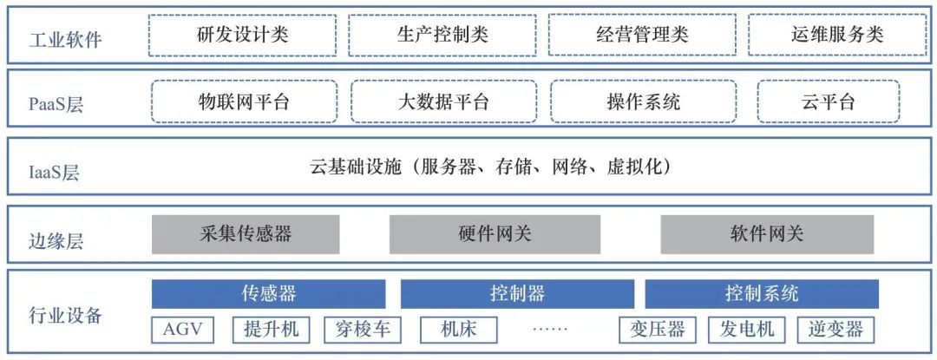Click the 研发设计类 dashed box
(x=243, y=35)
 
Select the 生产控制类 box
(x=442, y=35)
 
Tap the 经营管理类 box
(x=642, y=35)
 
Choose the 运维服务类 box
(x=836, y=35)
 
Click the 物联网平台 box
(x=245, y=102)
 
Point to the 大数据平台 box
(x=443, y=102)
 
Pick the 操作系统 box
(x=644, y=102)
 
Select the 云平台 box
(x=829, y=102)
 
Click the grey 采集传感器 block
(x=246, y=234)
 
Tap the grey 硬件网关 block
(x=495, y=234)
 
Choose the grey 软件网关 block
(x=767, y=234)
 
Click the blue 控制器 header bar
(x=517, y=294)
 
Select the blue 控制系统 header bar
(x=762, y=294)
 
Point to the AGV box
(x=183, y=329)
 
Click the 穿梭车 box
(x=363, y=329)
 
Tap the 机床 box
(x=459, y=329)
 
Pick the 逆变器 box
(x=835, y=329)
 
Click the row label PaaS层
(x=56, y=104)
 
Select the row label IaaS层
(x=54, y=173)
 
